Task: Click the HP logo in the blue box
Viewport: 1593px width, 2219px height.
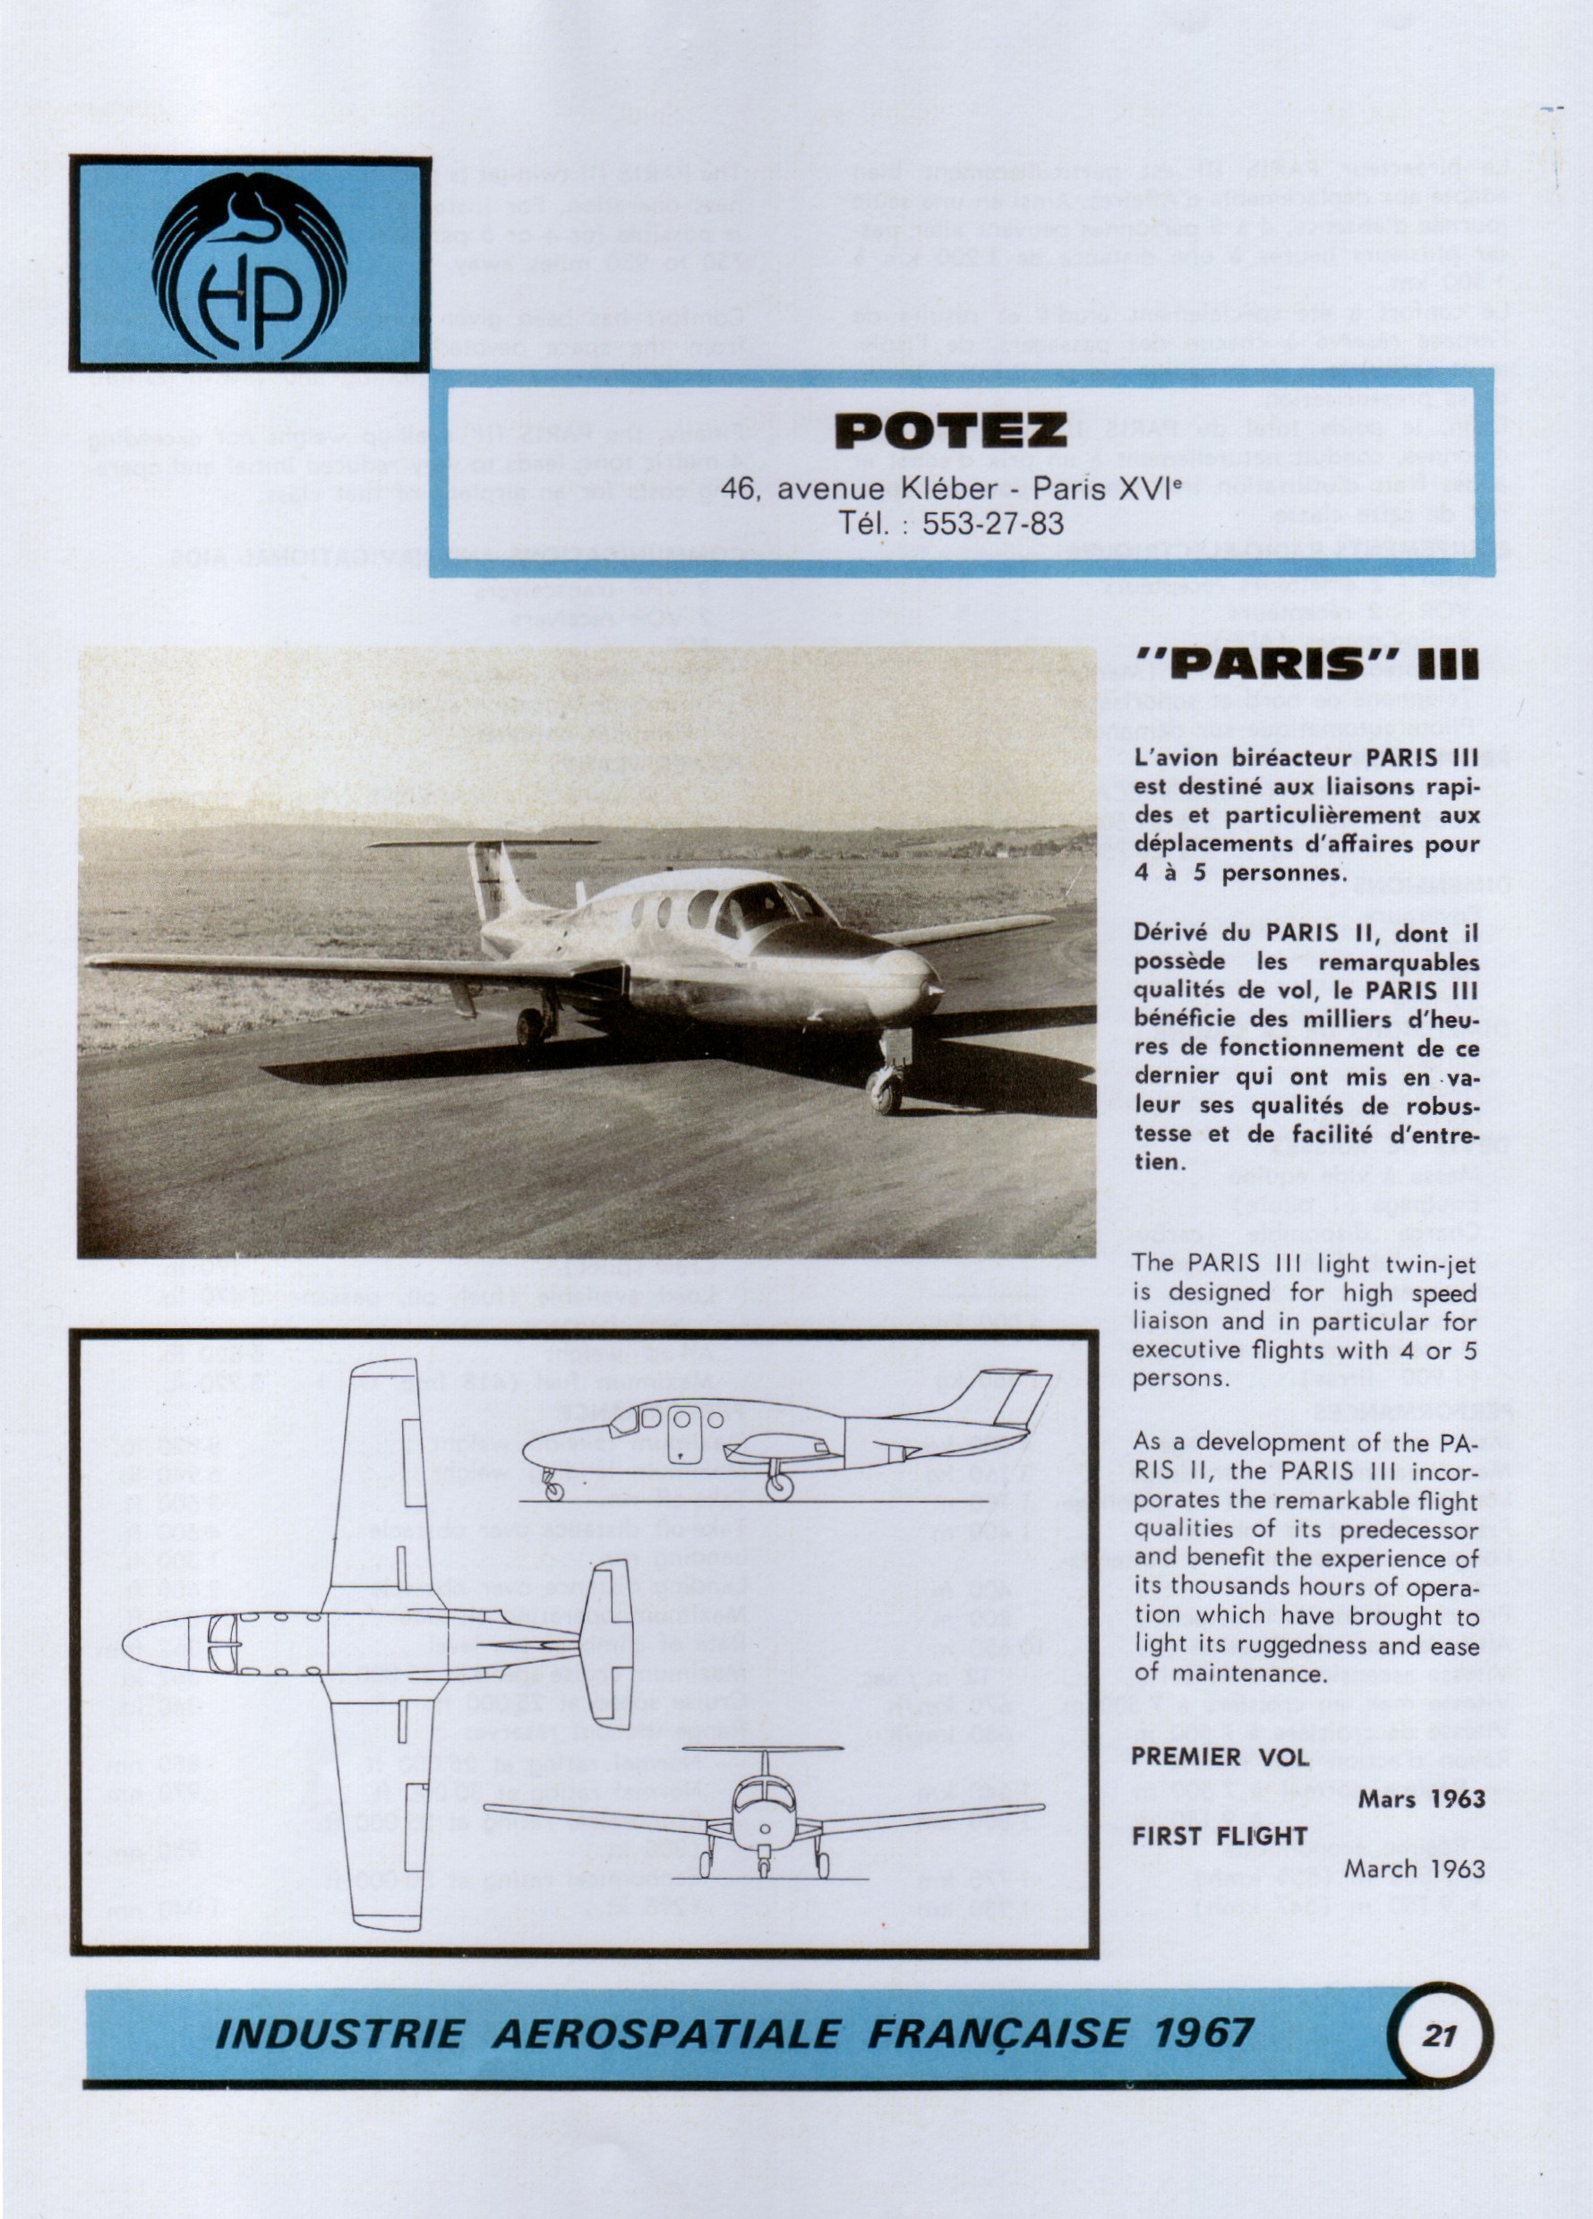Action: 250,264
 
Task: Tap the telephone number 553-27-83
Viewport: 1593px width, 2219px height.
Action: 992,524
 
